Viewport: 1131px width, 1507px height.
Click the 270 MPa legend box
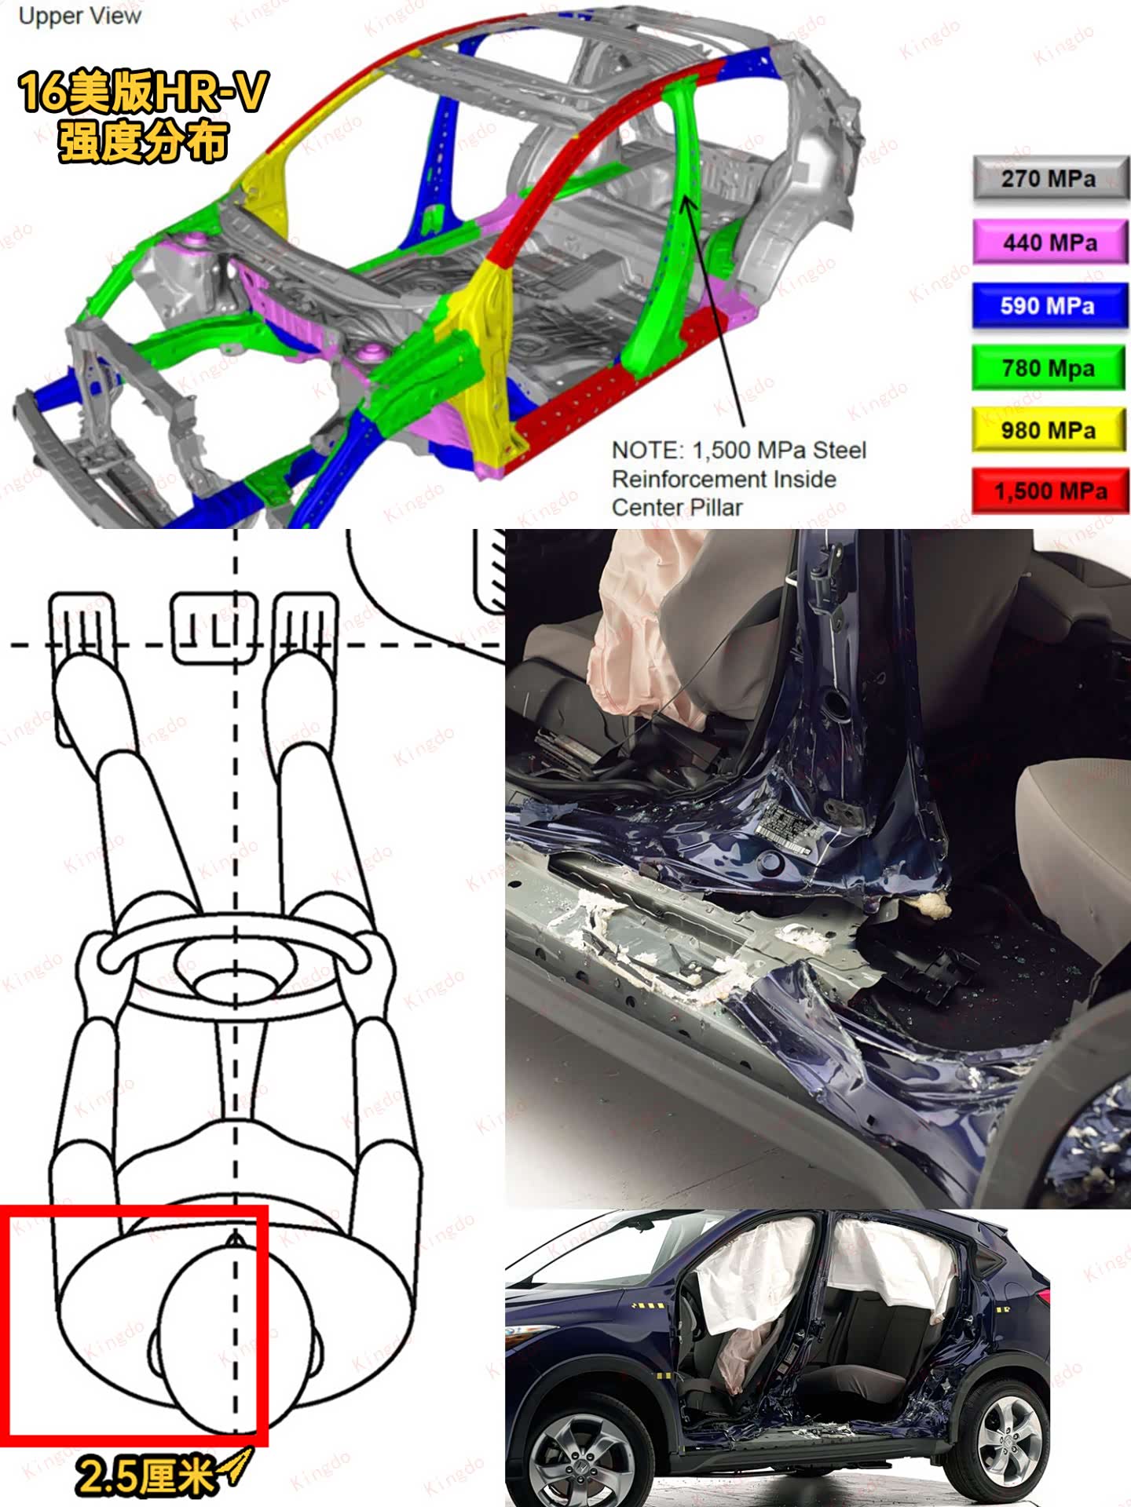[1050, 179]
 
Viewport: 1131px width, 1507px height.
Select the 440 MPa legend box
[1050, 242]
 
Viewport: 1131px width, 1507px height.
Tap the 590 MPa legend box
[1050, 305]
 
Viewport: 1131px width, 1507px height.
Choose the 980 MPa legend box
[1050, 429]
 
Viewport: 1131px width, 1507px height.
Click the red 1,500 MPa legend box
[1050, 491]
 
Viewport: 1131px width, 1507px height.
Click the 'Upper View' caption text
[79, 16]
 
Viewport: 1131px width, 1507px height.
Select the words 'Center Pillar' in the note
[677, 508]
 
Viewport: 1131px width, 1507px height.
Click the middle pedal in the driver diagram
[214, 629]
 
